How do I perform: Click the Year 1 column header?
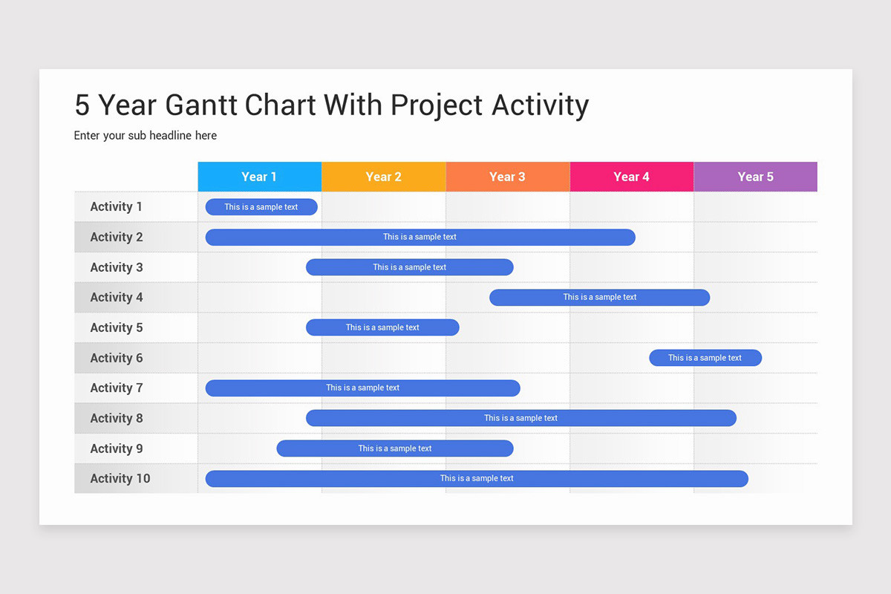[259, 177]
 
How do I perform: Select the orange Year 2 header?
[383, 177]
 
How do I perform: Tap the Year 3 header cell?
[507, 177]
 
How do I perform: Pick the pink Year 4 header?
[631, 177]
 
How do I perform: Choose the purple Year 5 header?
[755, 177]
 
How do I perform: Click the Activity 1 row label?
[116, 207]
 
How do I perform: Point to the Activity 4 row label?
[116, 298]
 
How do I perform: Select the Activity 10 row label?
[120, 479]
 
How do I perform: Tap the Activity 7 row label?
[116, 388]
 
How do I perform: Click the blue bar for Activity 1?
[261, 207]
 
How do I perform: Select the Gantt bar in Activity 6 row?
[705, 358]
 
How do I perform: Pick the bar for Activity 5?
[382, 327]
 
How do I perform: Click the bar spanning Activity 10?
[476, 479]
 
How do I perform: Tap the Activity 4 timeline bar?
[599, 298]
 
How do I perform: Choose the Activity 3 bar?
[409, 267]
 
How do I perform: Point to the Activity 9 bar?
[394, 448]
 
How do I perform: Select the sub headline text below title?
[146, 136]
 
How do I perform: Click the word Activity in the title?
[540, 105]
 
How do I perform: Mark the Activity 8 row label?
[116, 419]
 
